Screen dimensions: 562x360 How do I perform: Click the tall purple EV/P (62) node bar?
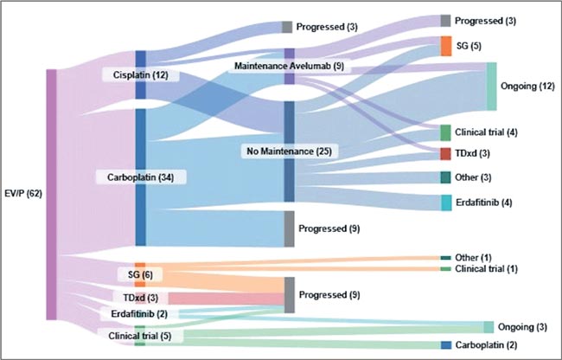[52, 195]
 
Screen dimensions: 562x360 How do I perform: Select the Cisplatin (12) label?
[140, 75]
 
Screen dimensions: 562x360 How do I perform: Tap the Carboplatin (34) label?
[140, 177]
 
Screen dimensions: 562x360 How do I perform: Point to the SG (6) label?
[140, 274]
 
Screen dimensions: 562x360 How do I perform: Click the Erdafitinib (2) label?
[139, 314]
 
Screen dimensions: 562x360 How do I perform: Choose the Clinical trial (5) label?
[140, 336]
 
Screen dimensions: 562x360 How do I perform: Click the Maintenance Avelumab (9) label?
[289, 66]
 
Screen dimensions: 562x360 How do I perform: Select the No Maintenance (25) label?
[289, 151]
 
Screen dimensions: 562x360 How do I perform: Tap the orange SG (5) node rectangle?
[446, 46]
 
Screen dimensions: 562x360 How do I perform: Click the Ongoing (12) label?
[527, 86]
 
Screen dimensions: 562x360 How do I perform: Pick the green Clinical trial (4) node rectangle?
[445, 132]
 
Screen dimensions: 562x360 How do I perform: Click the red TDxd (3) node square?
[445, 153]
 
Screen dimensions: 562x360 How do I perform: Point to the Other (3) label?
[473, 177]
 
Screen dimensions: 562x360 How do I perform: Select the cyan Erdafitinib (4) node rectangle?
[446, 202]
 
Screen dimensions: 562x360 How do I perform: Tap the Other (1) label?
[473, 257]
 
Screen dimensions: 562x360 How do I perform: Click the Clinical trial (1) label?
[487, 268]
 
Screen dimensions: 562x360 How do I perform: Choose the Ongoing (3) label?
[522, 327]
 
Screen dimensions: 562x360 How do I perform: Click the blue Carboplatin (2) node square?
[446, 345]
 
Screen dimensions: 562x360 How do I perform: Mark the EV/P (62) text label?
[23, 194]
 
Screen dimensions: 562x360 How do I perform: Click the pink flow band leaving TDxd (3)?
[227, 299]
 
